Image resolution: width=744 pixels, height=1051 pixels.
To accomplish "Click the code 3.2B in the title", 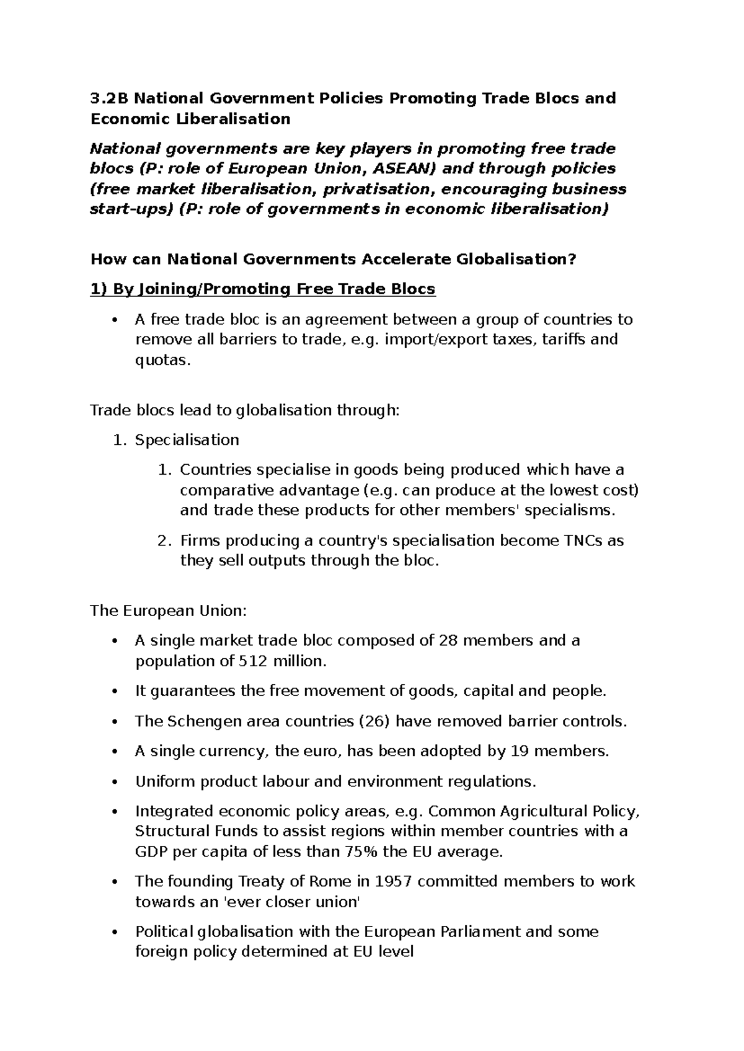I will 110,99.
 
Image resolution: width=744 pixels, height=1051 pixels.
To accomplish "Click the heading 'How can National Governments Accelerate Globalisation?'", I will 333,259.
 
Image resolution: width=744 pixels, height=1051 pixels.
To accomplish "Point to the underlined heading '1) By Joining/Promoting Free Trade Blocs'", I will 263,289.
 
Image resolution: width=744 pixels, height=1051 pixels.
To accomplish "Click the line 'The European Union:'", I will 169,611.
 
